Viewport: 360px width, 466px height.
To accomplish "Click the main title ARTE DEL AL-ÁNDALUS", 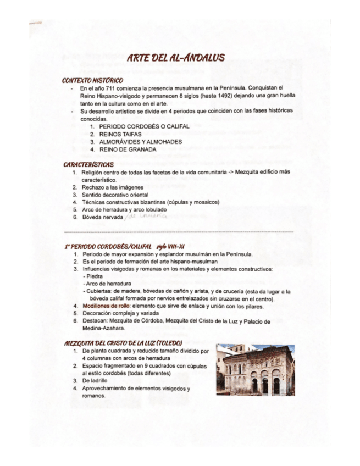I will tap(175, 58).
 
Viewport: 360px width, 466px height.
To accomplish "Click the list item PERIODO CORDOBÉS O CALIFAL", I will tap(144, 126).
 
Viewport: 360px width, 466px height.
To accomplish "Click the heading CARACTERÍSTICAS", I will tap(88, 164).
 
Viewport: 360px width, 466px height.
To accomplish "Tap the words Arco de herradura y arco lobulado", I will tap(124, 209).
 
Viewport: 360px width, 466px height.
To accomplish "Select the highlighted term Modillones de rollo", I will tap(106, 306).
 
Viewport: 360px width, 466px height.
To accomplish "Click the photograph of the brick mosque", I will tap(255, 370).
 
